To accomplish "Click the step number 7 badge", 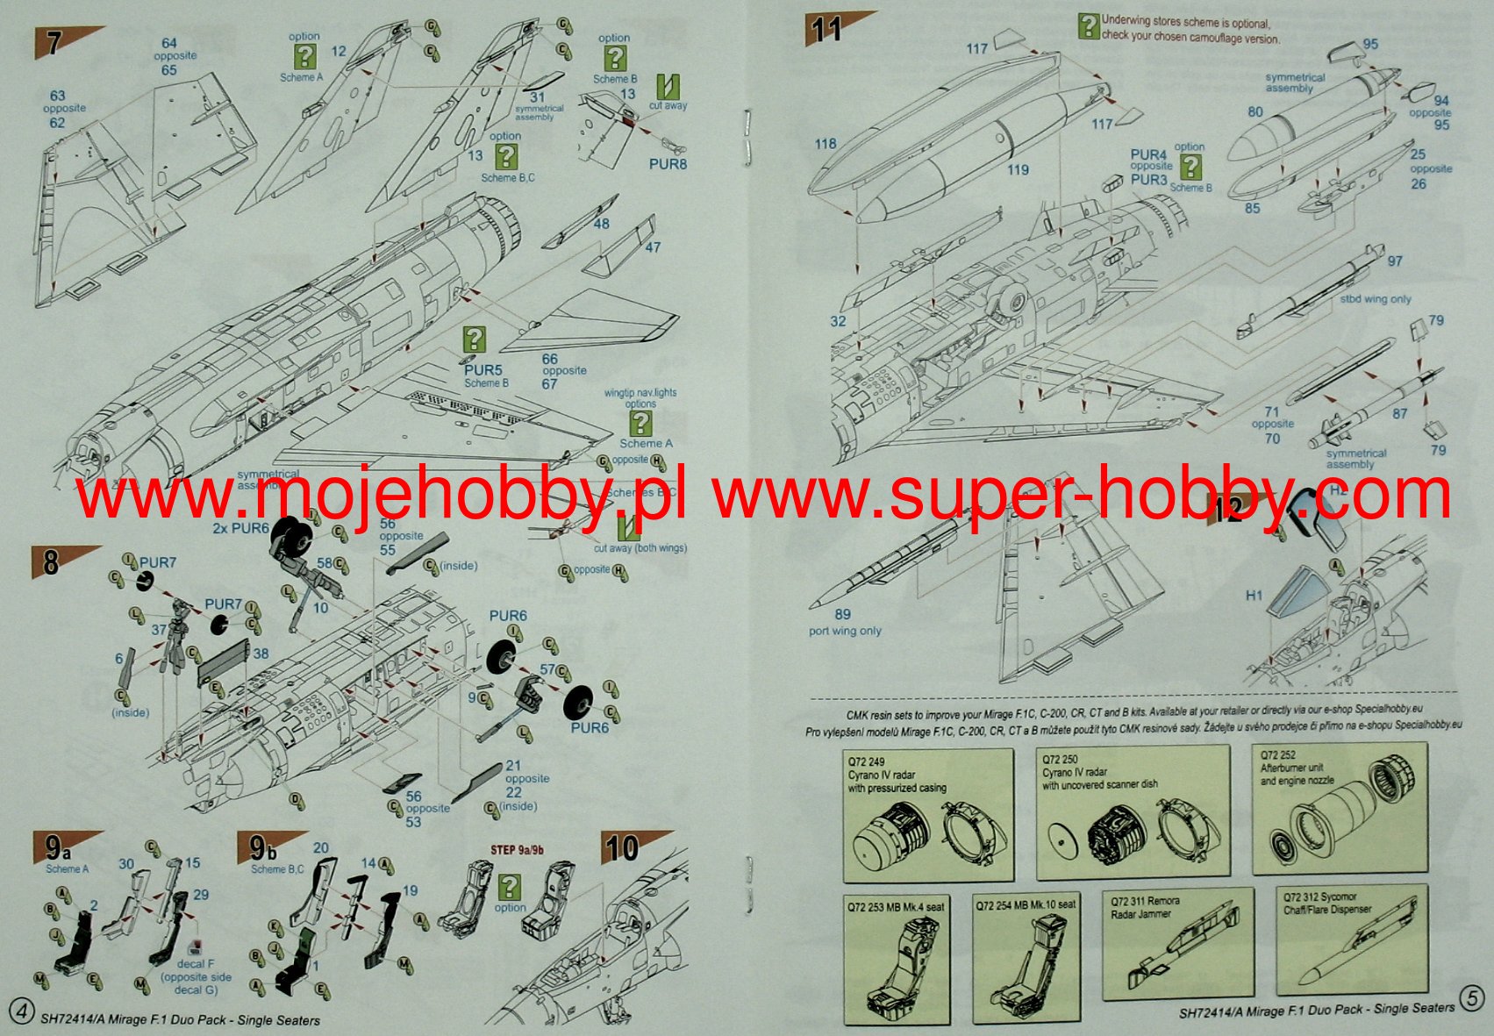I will coord(54,43).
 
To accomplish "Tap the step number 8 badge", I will coord(51,561).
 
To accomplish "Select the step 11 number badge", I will coord(826,29).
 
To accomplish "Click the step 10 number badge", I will coord(622,848).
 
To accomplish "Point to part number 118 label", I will coord(825,144).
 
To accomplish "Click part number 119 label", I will coord(1018,169).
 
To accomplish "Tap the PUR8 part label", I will coord(668,164).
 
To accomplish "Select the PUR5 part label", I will coord(483,371).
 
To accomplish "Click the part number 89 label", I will coord(842,615).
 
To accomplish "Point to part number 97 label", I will coord(1395,261).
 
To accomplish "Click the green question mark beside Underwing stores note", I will coord(1089,26).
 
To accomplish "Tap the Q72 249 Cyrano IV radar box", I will coord(928,815).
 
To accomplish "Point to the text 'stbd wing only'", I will coord(1376,299).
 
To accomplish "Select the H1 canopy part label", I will coord(1255,596).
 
